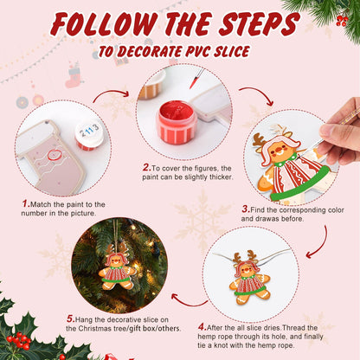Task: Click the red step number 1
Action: coord(26,203)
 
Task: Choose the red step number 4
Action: coord(201,327)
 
